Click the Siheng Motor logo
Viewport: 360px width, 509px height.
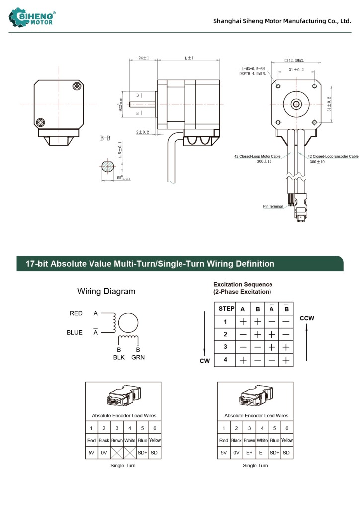click(32, 18)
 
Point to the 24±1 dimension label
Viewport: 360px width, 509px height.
click(143, 58)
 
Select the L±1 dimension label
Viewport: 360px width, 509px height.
click(189, 58)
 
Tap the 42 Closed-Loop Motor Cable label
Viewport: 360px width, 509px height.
click(258, 156)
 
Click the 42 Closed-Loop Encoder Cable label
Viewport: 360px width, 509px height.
click(333, 156)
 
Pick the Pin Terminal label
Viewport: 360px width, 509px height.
click(273, 206)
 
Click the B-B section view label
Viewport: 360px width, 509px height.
click(106, 138)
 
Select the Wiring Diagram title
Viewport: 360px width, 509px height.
click(106, 291)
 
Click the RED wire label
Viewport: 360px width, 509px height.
click(76, 313)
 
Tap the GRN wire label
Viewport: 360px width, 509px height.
click(138, 357)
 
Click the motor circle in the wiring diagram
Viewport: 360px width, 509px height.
click(128, 323)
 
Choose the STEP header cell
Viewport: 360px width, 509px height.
click(226, 309)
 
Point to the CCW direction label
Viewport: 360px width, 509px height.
click(307, 318)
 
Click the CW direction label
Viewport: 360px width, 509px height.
click(205, 361)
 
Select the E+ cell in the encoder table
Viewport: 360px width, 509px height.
click(249, 453)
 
